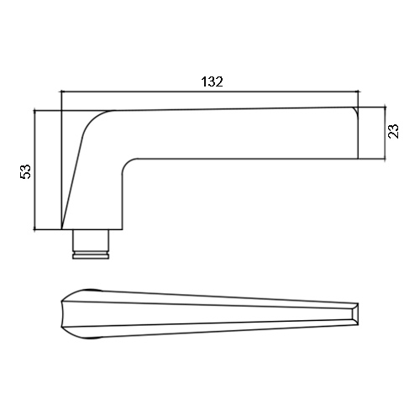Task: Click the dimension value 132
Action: point(212,81)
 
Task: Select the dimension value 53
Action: point(25,171)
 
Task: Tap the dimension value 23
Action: point(393,131)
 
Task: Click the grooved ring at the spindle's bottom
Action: point(91,255)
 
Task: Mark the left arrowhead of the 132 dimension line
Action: point(63,92)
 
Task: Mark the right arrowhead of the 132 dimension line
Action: point(356,92)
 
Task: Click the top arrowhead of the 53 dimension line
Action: point(34,113)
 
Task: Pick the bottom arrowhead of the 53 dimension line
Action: point(34,228)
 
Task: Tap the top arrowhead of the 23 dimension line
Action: point(386,109)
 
